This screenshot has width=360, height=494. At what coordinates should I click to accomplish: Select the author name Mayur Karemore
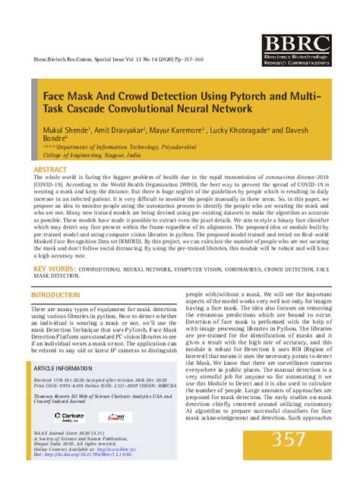[x=182, y=130]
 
